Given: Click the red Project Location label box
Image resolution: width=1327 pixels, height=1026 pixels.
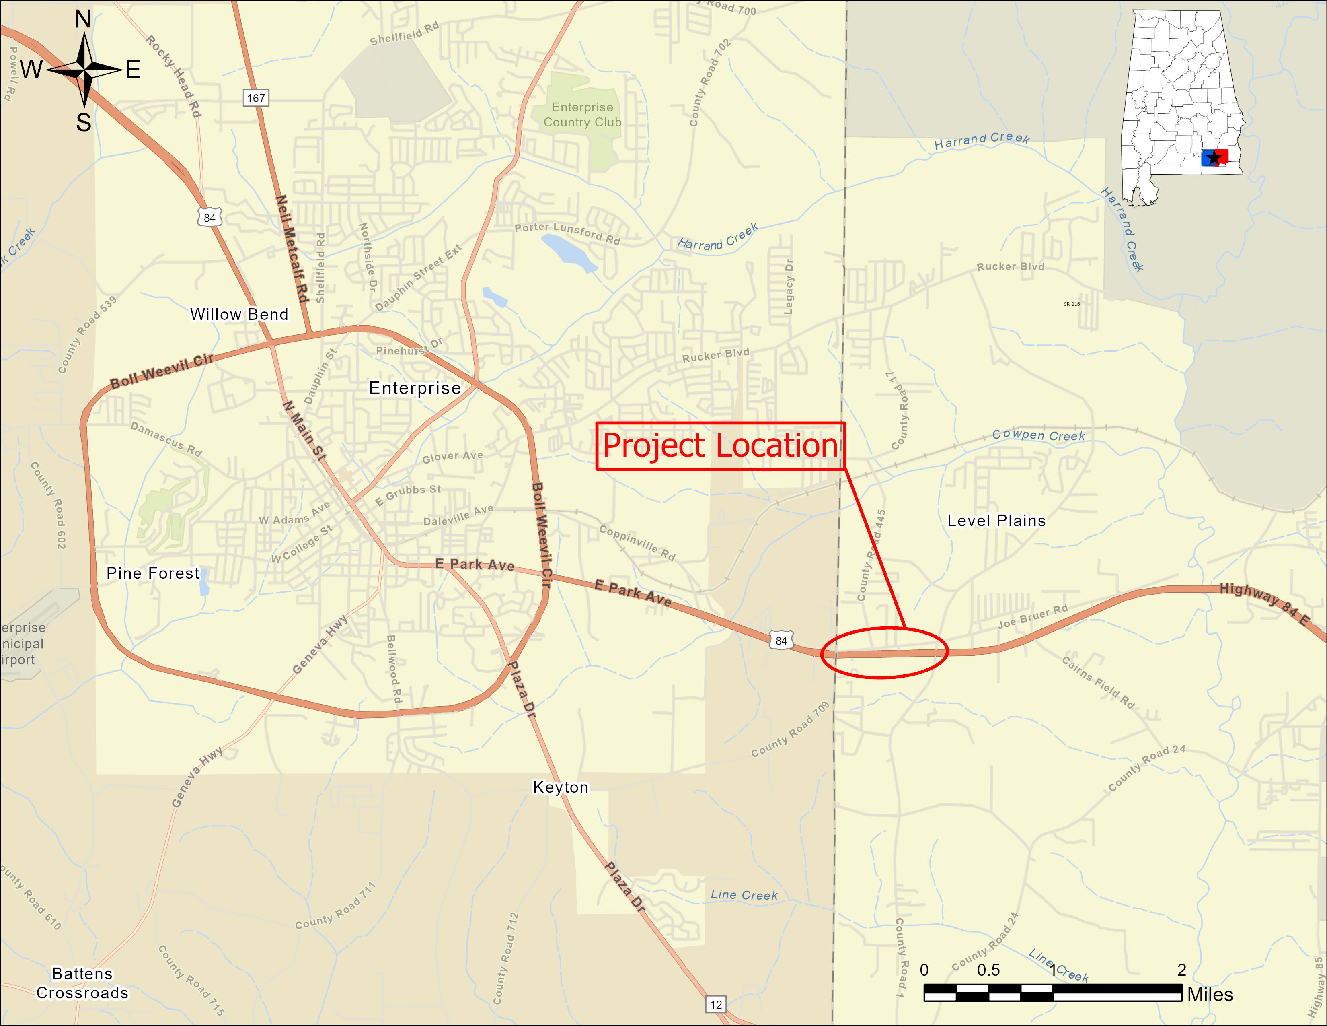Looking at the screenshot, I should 720,446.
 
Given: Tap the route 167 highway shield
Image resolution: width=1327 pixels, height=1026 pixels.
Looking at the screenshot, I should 256,98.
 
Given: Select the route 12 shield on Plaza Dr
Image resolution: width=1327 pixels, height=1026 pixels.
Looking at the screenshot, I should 716,1004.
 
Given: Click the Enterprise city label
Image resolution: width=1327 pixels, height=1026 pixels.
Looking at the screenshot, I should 415,388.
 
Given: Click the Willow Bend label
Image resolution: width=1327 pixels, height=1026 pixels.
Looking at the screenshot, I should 239,314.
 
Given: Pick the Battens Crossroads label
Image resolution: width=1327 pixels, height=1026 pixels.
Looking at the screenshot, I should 82,983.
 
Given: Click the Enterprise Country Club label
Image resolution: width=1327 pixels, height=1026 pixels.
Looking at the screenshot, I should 582,115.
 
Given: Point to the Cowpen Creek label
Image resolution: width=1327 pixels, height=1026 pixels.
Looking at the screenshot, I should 1038,435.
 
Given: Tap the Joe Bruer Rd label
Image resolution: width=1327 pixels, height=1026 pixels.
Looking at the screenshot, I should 1032,616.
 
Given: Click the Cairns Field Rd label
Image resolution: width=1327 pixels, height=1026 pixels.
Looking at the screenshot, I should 1098,682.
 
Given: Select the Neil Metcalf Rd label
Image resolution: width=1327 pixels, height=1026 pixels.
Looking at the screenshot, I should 292,249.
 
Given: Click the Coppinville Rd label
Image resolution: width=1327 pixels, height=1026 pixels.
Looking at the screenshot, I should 637,542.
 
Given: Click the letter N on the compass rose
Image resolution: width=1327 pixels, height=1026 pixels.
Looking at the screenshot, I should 83,19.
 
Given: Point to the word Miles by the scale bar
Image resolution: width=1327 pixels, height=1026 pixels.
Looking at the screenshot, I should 1210,994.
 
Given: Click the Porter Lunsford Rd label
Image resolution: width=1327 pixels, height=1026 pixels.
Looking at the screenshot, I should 567,233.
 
